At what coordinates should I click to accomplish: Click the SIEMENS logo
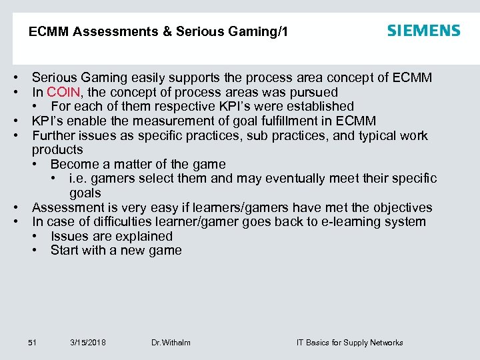coord(423,31)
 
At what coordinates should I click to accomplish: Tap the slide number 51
coord(32,343)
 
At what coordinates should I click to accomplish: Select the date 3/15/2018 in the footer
coord(87,343)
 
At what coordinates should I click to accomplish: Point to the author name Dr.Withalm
coord(171,343)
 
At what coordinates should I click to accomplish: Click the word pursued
coord(315,92)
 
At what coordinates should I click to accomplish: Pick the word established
coord(320,106)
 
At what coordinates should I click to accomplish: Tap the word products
coord(57,150)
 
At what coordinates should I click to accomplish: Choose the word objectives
coord(402,207)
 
